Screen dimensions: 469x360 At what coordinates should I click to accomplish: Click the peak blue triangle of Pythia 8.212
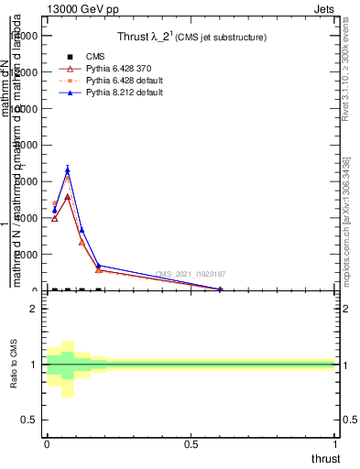(x=68, y=169)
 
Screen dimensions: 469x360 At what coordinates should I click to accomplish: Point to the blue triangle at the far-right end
(x=220, y=289)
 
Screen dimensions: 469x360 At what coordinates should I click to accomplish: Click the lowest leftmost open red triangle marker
(x=54, y=218)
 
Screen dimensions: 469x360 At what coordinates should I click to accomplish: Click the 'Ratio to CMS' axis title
(x=15, y=365)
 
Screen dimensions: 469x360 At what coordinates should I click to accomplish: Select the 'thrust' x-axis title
(x=325, y=459)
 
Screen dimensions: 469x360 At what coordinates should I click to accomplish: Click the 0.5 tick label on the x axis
(x=191, y=445)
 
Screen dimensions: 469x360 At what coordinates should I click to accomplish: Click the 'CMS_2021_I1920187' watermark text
(x=191, y=275)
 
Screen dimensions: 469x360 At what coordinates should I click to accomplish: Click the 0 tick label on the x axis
(x=47, y=445)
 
